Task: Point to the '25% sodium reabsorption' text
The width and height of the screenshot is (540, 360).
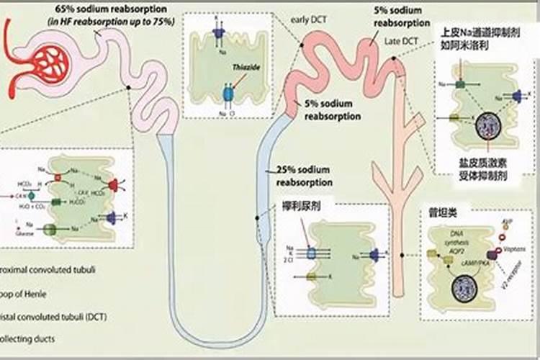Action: pyautogui.click(x=303, y=176)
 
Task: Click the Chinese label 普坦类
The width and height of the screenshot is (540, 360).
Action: pyautogui.click(x=441, y=214)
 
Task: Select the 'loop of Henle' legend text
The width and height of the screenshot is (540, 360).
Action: pyautogui.click(x=29, y=294)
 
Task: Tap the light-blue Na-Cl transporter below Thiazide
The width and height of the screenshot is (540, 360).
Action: pyautogui.click(x=228, y=94)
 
